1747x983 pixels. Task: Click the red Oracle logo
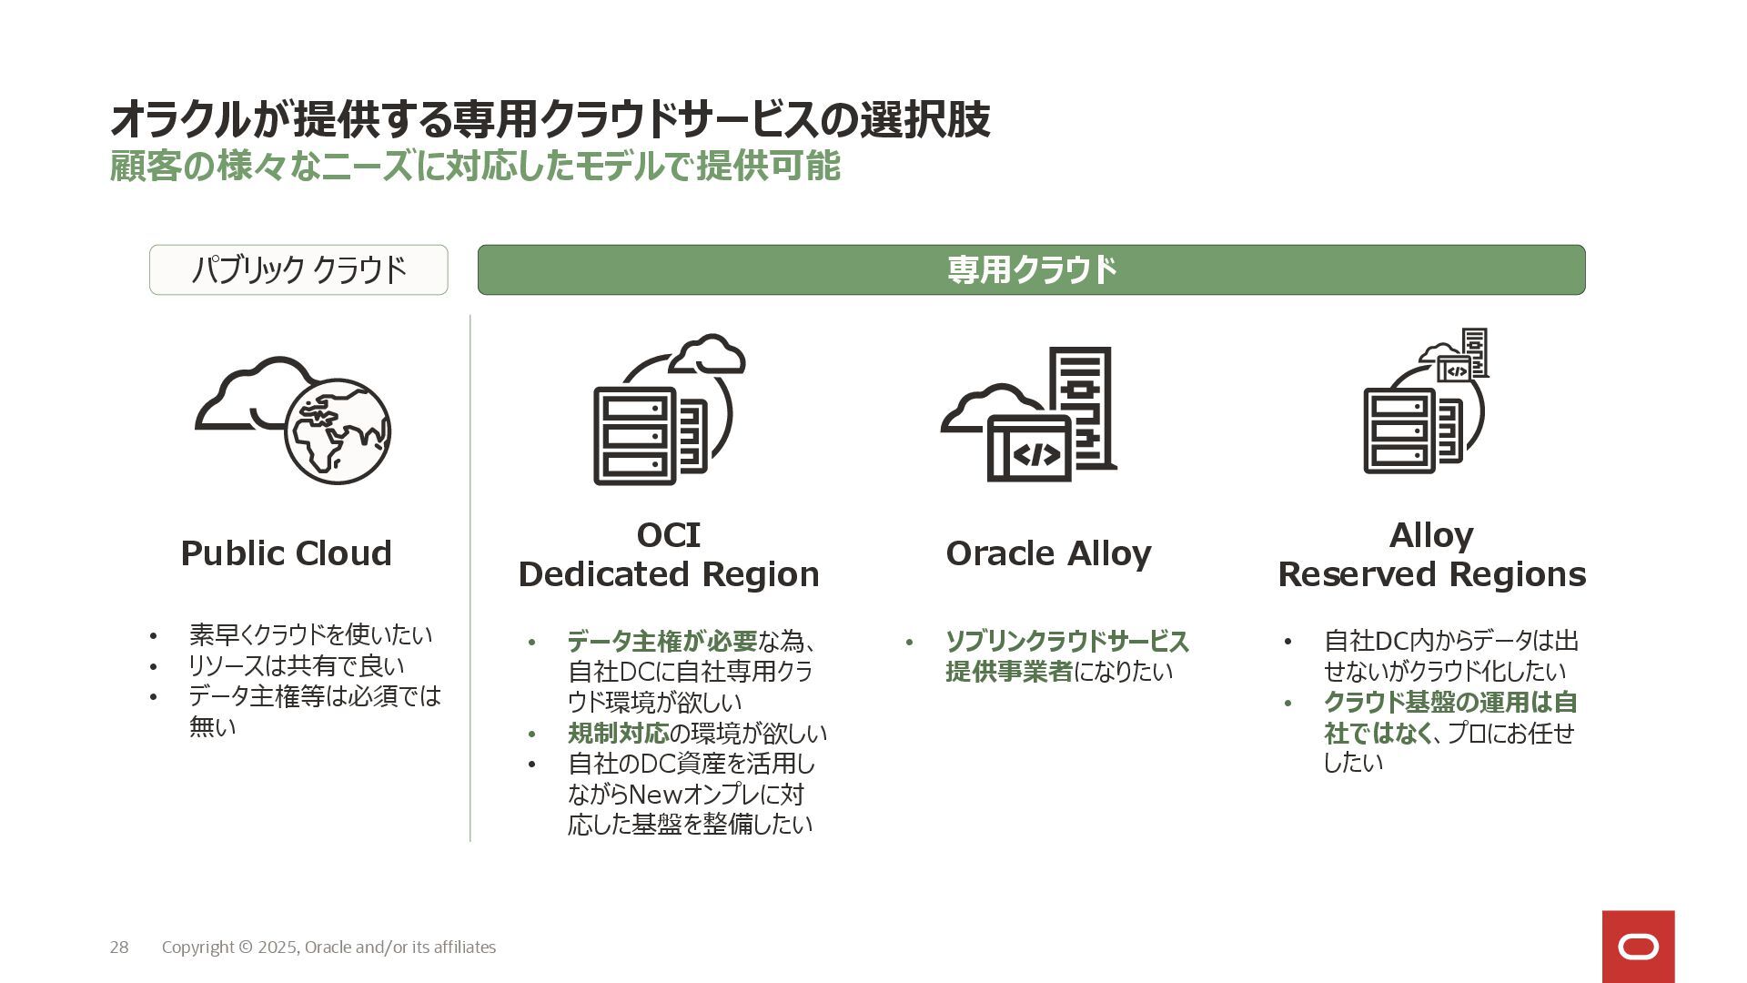click(1638, 947)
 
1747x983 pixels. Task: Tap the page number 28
click(119, 948)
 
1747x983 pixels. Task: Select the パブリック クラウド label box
click(298, 269)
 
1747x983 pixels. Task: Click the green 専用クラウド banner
click(1031, 269)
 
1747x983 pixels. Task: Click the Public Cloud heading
click(286, 553)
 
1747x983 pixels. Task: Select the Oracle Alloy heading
click(1048, 553)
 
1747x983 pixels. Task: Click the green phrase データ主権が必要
click(661, 642)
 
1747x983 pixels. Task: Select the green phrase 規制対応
click(617, 734)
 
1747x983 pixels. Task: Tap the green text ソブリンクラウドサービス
click(1066, 642)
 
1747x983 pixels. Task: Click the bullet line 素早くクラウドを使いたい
click(310, 634)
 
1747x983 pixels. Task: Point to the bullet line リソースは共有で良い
click(296, 665)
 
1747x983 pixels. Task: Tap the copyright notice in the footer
click(328, 948)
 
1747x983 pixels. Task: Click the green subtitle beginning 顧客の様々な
click(474, 167)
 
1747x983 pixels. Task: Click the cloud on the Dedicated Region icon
click(709, 354)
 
